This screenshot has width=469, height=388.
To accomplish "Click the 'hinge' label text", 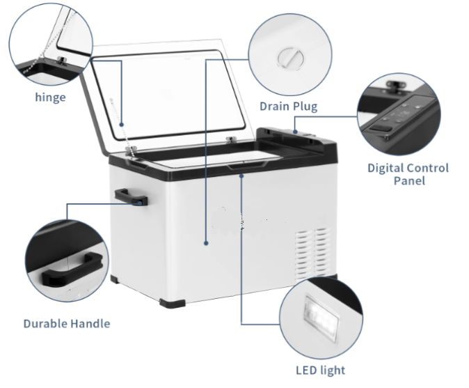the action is click(x=50, y=98).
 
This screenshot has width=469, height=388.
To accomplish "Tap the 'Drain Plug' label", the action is click(x=288, y=107).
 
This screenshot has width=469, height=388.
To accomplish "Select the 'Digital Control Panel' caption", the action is click(x=408, y=174).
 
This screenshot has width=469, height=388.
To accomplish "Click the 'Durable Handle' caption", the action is click(x=67, y=324).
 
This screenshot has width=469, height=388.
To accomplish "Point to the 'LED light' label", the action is click(x=320, y=371).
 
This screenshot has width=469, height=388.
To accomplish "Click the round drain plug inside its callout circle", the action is click(x=290, y=58).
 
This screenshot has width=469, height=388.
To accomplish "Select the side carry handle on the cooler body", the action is click(x=131, y=196).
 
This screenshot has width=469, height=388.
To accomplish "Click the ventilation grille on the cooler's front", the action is click(x=313, y=254).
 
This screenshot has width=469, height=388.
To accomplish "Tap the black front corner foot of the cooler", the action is click(x=173, y=303).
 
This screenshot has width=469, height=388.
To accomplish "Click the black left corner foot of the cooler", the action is click(x=115, y=279).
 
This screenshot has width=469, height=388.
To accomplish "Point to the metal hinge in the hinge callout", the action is click(x=62, y=60).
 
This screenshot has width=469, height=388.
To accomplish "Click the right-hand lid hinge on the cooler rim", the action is click(x=230, y=139).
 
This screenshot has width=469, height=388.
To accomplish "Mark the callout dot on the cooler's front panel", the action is click(x=206, y=243).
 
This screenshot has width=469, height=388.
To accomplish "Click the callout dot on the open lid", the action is click(x=122, y=124).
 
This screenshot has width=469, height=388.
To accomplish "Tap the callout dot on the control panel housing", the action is click(x=295, y=132).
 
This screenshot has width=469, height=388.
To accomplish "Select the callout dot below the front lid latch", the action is click(x=241, y=176).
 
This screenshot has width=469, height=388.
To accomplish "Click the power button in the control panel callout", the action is click(x=381, y=128).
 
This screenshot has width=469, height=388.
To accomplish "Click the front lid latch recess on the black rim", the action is click(x=247, y=165).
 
